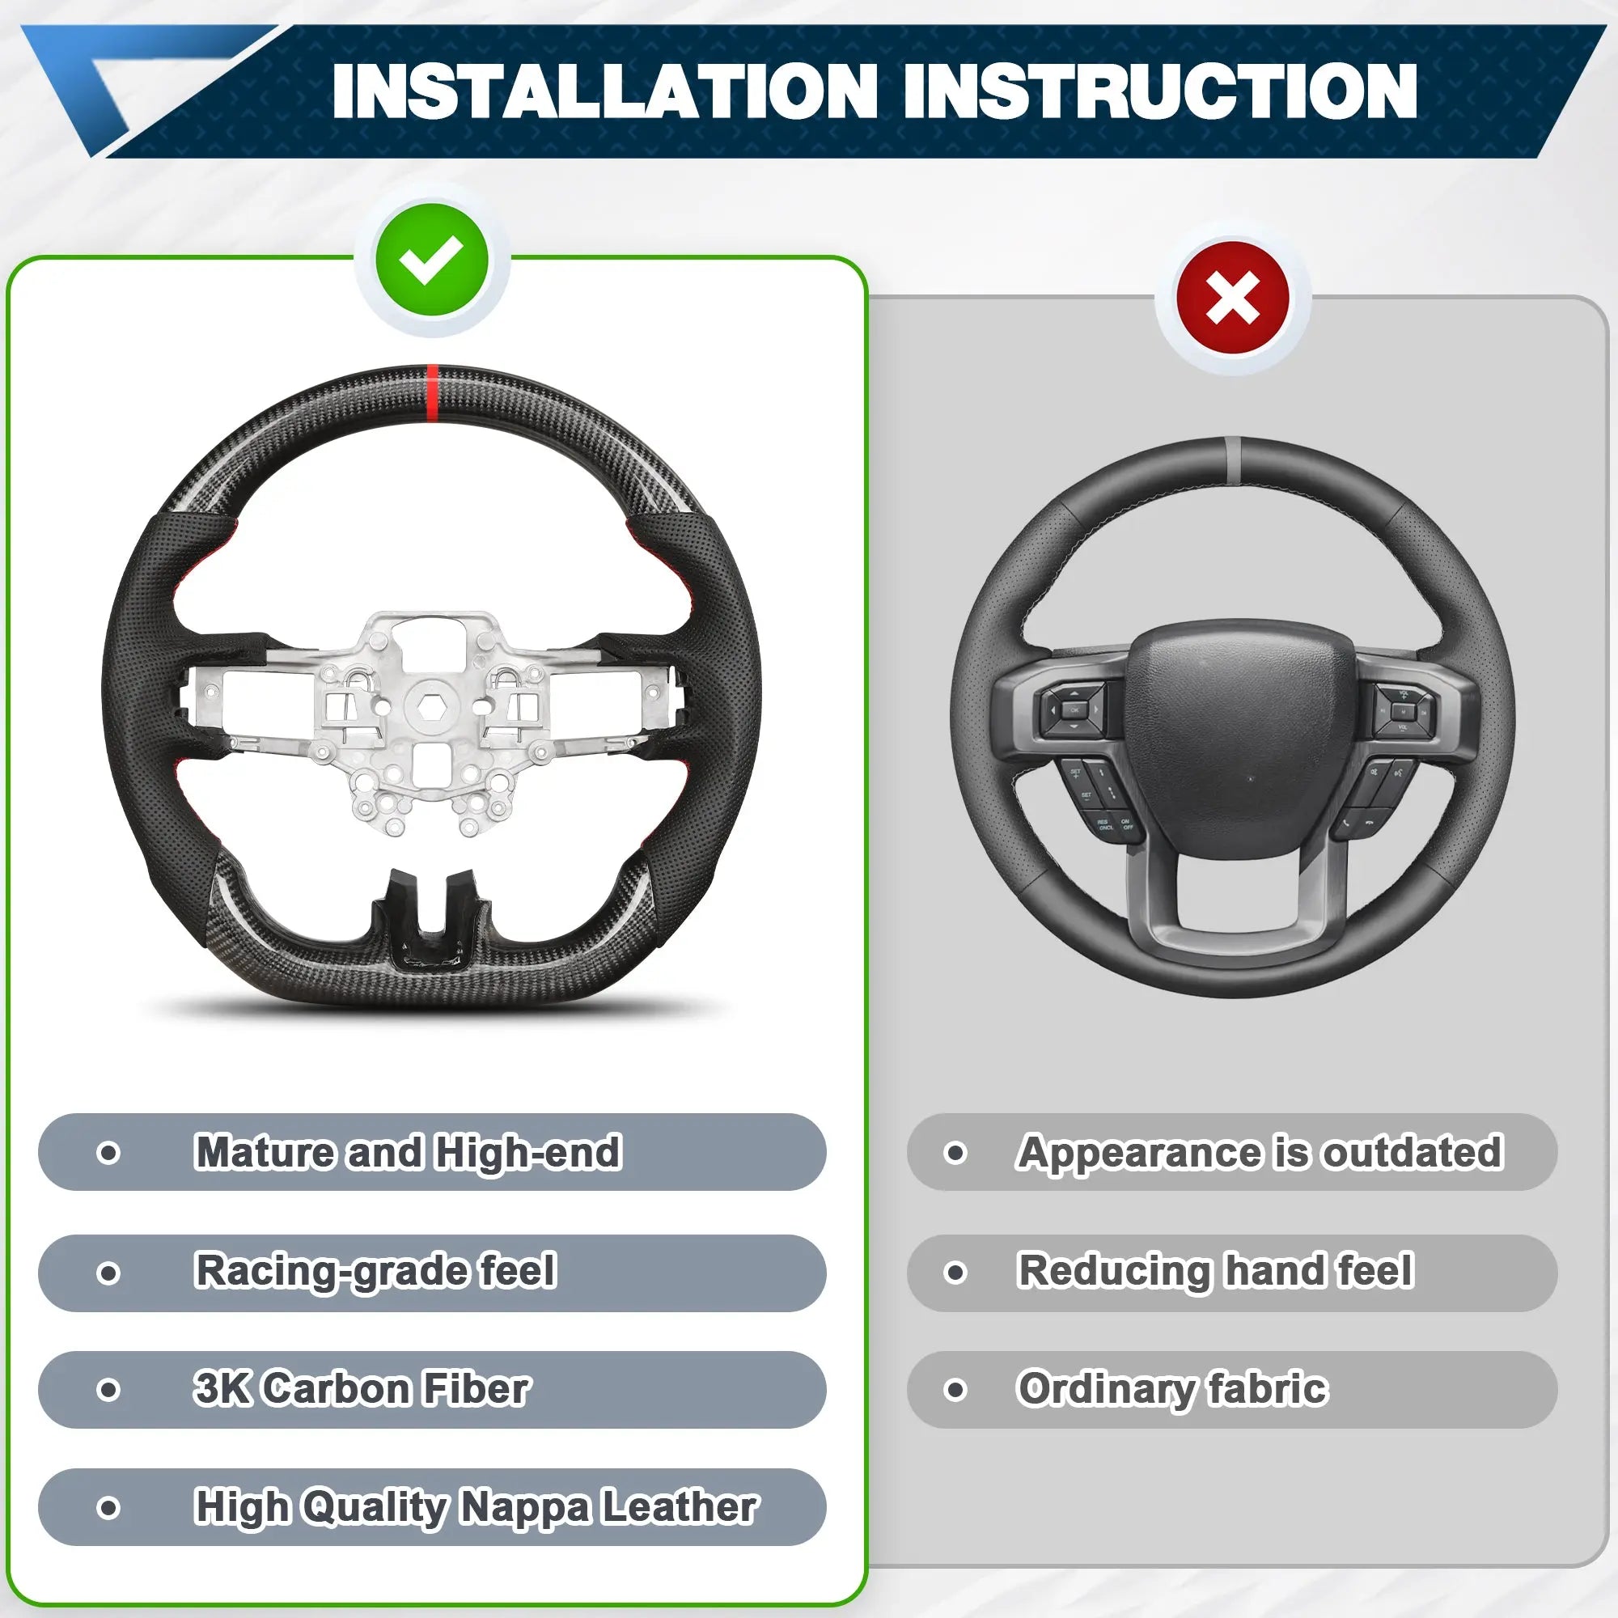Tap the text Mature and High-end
pyautogui.click(x=408, y=1152)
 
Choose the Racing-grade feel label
pyautogui.click(x=375, y=1271)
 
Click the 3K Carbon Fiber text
pyautogui.click(x=362, y=1388)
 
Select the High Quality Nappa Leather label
pyautogui.click(x=476, y=1507)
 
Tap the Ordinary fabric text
pyautogui.click(x=1172, y=1389)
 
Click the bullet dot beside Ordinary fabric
pyautogui.click(x=955, y=1390)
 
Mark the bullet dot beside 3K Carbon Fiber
pyautogui.click(x=108, y=1390)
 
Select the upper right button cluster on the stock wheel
pyautogui.click(x=1403, y=710)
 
